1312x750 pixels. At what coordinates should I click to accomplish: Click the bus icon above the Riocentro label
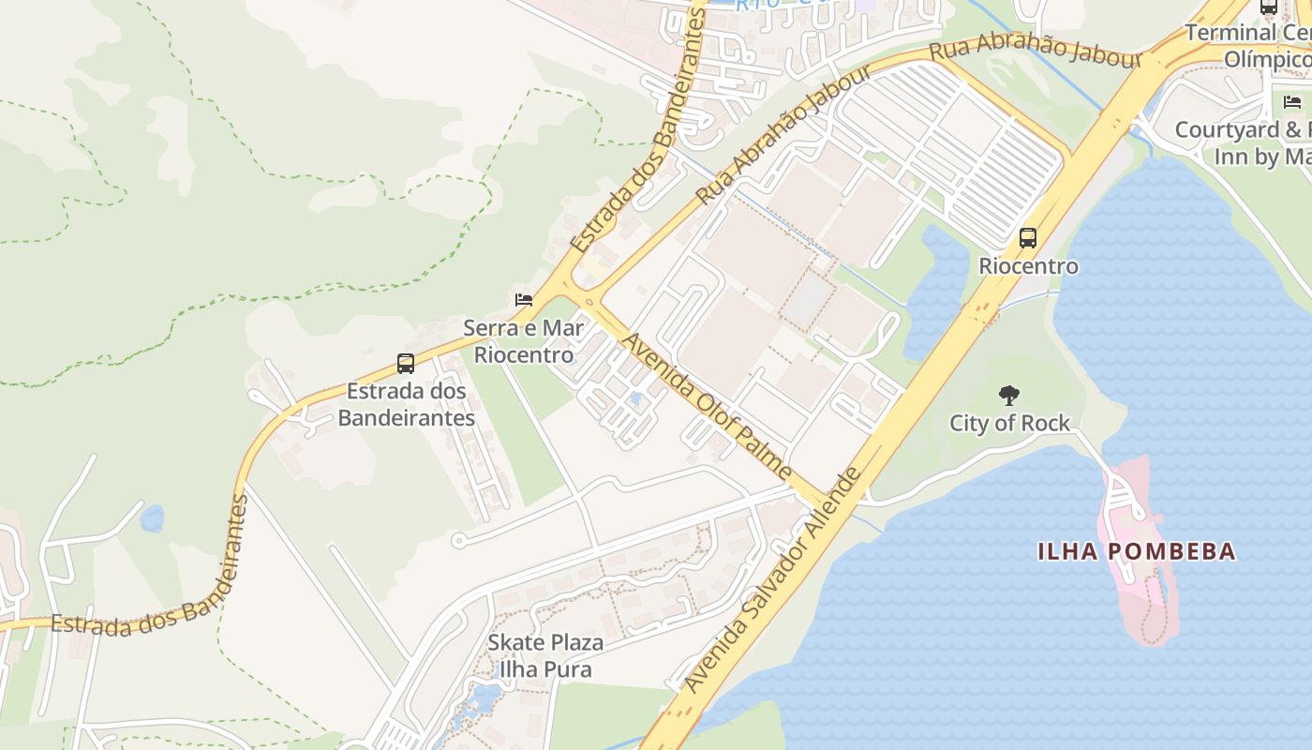pyautogui.click(x=1028, y=238)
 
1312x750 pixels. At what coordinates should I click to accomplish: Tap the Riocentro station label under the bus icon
pyautogui.click(x=1028, y=266)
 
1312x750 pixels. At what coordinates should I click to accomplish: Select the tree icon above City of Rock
pyautogui.click(x=1009, y=395)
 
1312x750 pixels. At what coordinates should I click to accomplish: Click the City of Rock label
pyautogui.click(x=1009, y=424)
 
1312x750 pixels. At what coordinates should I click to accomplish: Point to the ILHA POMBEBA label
pyautogui.click(x=1136, y=551)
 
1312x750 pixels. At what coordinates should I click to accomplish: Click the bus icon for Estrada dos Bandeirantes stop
pyautogui.click(x=406, y=364)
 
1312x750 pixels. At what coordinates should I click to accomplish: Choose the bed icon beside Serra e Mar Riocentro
pyautogui.click(x=524, y=300)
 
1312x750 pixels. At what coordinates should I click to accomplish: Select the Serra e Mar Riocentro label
pyautogui.click(x=523, y=341)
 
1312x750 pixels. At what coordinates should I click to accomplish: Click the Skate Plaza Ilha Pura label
pyautogui.click(x=544, y=656)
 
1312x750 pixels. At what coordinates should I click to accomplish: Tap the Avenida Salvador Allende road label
pyautogui.click(x=774, y=581)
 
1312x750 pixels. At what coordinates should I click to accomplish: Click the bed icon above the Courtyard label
pyautogui.click(x=1292, y=101)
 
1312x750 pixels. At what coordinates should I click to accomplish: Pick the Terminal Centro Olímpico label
pyautogui.click(x=1246, y=45)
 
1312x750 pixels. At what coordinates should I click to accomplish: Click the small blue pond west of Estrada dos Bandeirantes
pyautogui.click(x=151, y=517)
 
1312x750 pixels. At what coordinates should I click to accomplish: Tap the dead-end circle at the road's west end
pyautogui.click(x=458, y=540)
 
